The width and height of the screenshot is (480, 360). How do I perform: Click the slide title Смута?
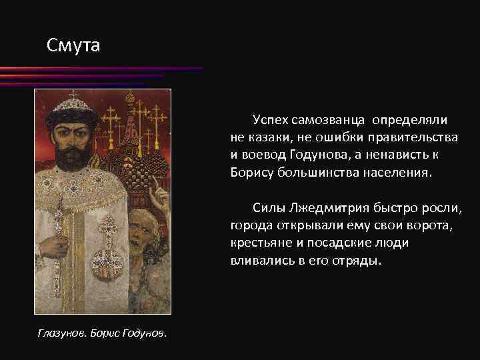pyautogui.click(x=73, y=46)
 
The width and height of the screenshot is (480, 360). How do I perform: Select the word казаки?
pyautogui.click(x=271, y=137)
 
